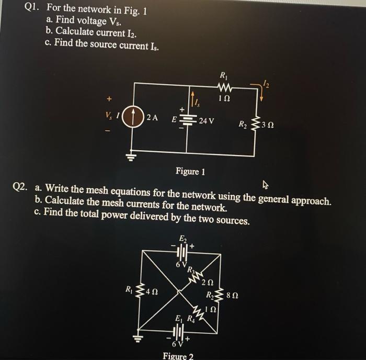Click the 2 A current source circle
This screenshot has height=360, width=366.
(x=134, y=118)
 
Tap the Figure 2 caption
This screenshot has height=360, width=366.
(x=178, y=356)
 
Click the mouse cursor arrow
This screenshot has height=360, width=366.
(x=266, y=184)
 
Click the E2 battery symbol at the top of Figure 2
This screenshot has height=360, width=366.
(x=182, y=252)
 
